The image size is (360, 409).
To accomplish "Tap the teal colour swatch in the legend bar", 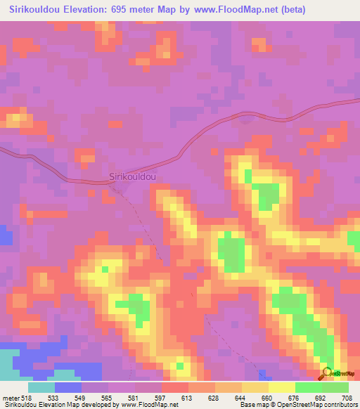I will [x=41, y=388].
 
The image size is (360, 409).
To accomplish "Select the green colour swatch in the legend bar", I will [x=309, y=388].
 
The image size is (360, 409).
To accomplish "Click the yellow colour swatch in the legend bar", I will [x=281, y=388].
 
